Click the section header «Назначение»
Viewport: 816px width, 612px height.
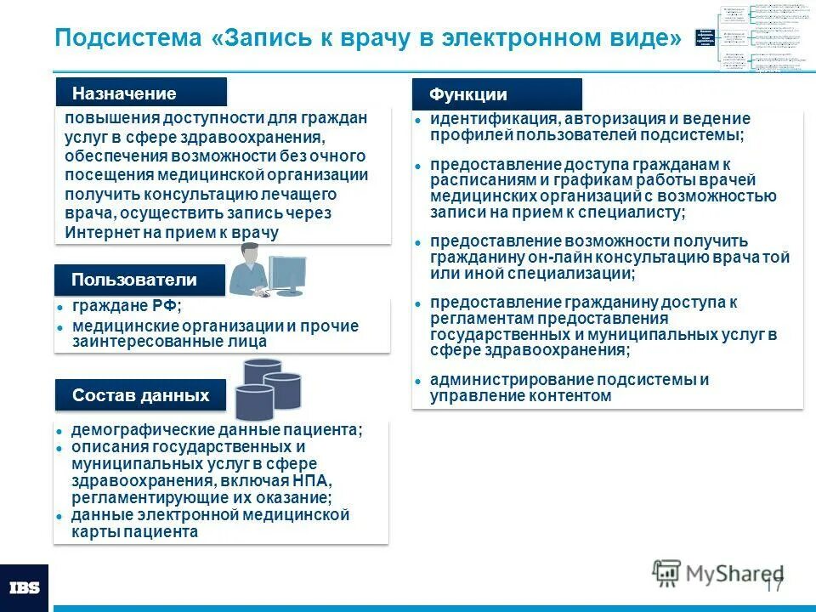(124, 93)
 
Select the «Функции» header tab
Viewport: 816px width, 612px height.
(467, 95)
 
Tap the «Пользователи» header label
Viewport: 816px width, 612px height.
(134, 280)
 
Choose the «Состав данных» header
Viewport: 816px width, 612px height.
(140, 395)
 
